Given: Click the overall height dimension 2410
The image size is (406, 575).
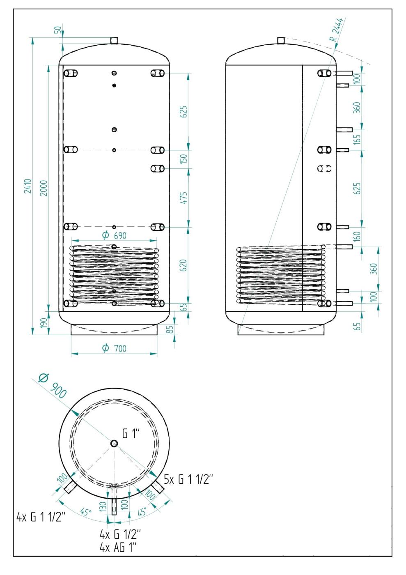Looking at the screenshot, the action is (28, 186).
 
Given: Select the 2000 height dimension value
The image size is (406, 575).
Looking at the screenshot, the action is (44, 188).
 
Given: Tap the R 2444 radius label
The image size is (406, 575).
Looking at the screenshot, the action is (336, 30).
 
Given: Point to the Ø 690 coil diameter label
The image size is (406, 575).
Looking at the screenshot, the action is (114, 235).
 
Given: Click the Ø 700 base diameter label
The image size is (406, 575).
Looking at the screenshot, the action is (114, 348).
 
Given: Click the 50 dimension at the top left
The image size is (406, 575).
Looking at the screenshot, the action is (59, 30).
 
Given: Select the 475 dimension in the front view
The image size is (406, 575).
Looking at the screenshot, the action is (184, 198).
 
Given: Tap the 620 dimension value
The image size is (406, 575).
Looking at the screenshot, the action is (184, 265).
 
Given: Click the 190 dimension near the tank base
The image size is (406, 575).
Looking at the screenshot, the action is (44, 323).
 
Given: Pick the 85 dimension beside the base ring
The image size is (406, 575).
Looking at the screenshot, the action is (170, 329).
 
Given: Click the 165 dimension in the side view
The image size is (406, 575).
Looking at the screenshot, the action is (357, 139).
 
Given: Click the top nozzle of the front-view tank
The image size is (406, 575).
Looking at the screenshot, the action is (114, 40).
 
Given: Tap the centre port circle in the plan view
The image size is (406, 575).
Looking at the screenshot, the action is (114, 443).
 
